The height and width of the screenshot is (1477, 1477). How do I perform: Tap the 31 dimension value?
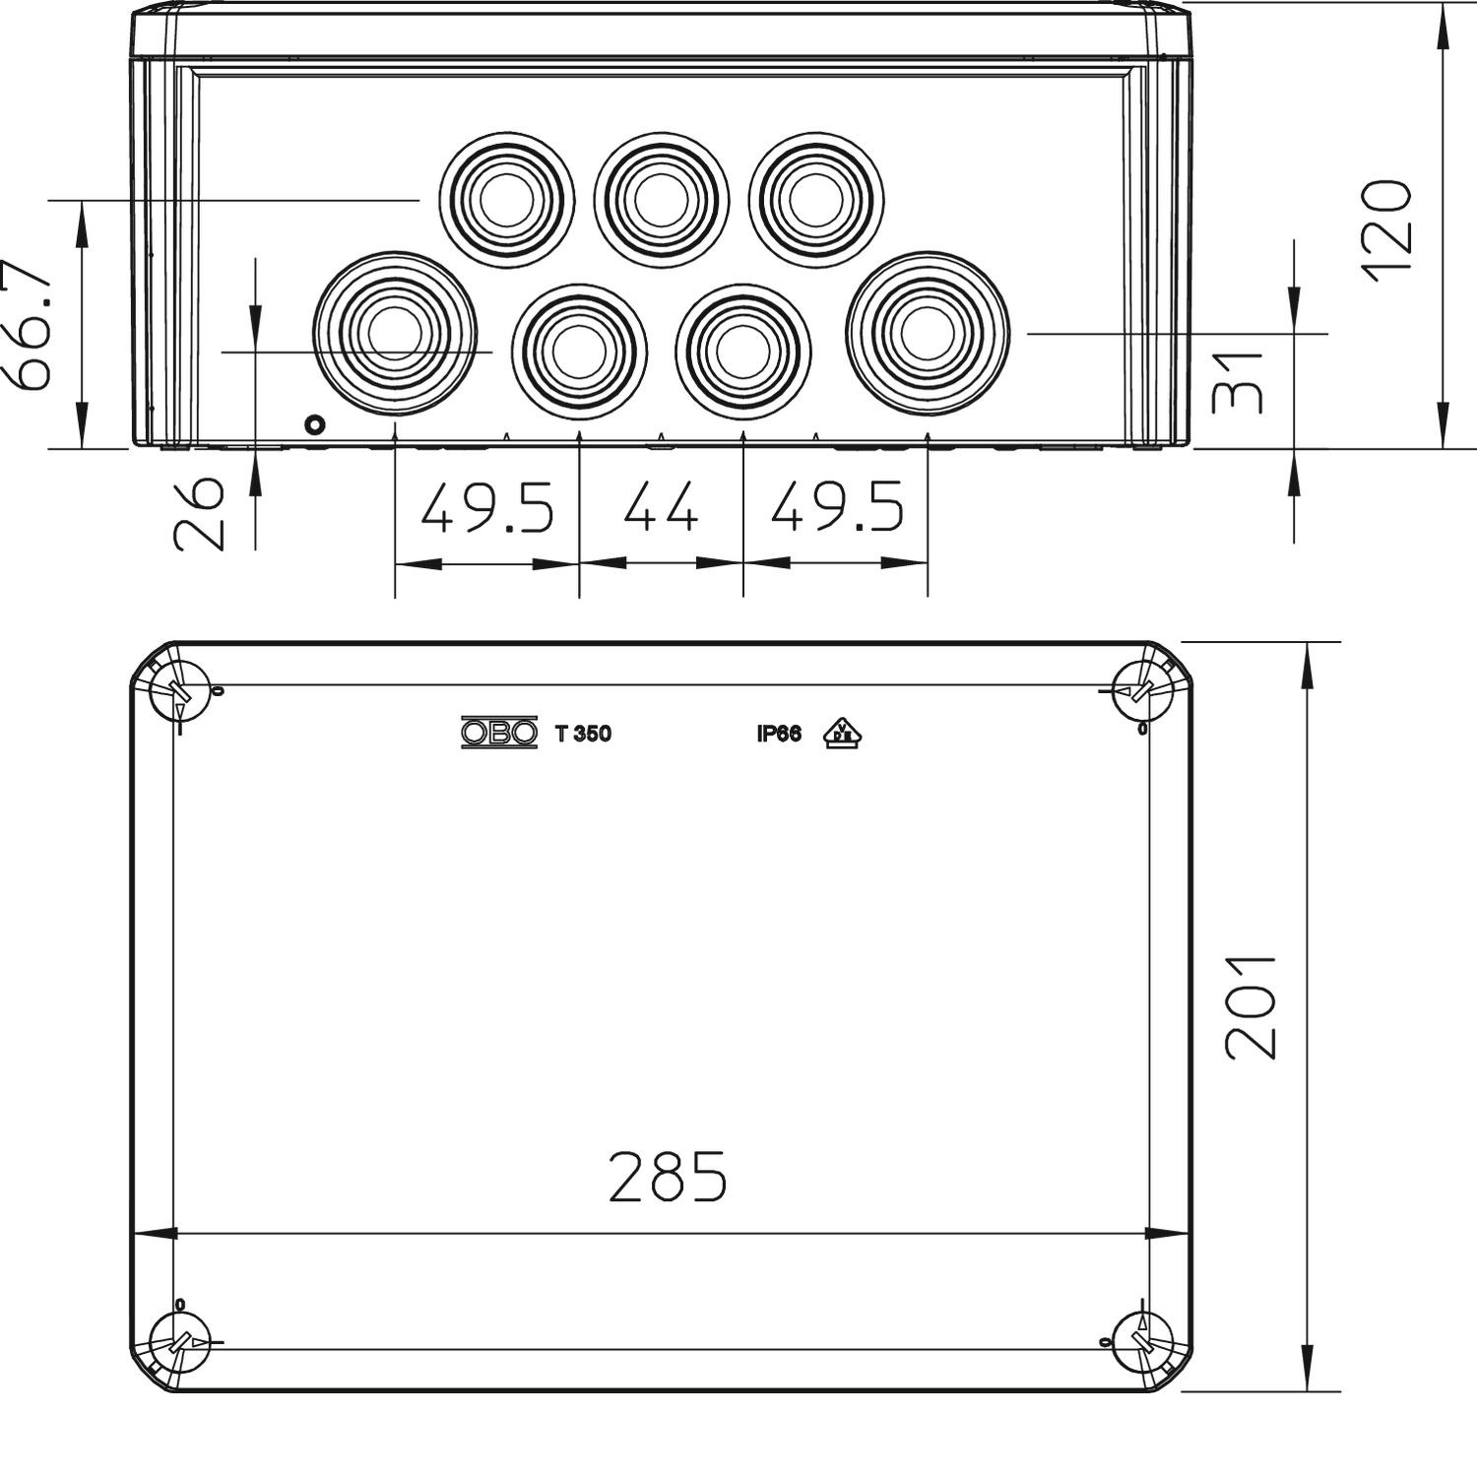(1238, 382)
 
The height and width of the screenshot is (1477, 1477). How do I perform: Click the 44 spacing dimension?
(660, 509)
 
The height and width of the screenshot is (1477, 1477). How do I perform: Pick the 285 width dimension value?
(668, 1177)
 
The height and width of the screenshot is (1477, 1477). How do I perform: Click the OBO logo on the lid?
(499, 733)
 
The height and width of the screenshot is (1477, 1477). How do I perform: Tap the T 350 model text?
(583, 734)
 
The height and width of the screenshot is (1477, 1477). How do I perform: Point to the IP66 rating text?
(779, 734)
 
